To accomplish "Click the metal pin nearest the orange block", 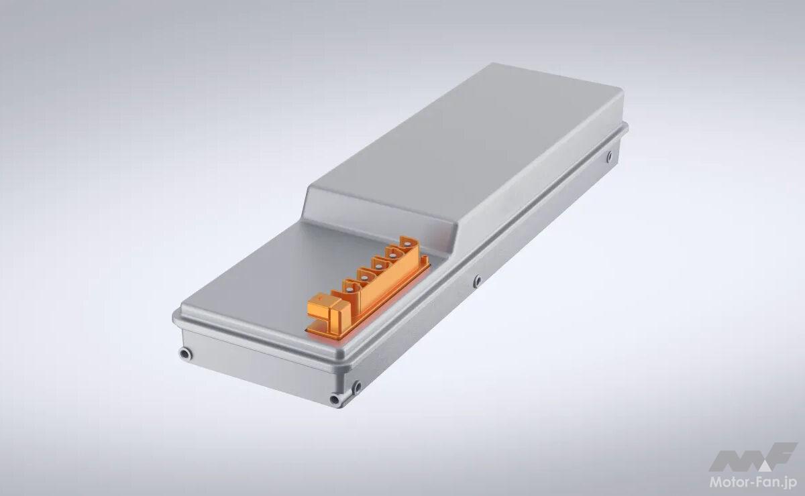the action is click(349, 290).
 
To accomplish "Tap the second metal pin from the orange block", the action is click(364, 277).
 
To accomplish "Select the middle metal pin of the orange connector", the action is click(378, 267).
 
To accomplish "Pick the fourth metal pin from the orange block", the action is click(393, 256).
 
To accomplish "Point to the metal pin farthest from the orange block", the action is click(407, 245).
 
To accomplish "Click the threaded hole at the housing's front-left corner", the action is click(185, 354).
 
